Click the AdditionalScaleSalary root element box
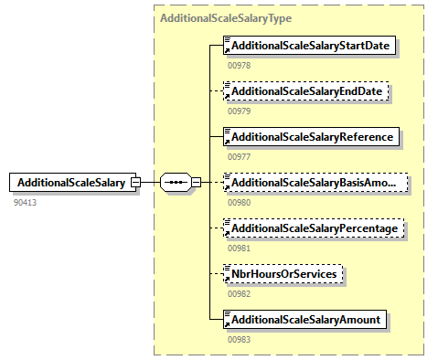72,182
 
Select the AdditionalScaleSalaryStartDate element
309,46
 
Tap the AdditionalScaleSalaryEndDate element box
305,91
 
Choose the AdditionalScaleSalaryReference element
311,137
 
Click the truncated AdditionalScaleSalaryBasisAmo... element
315,183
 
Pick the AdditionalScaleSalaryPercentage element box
314,228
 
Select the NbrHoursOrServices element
283,274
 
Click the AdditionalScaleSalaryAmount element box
304,320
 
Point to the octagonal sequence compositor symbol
176,183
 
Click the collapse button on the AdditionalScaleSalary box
135,183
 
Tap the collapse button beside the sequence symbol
197,183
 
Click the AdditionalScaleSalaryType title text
226,18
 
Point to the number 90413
25,203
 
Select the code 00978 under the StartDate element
240,66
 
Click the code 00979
240,111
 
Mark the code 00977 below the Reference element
240,157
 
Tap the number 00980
240,203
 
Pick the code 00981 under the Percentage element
240,249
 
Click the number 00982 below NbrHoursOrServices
240,294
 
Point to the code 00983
240,340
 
